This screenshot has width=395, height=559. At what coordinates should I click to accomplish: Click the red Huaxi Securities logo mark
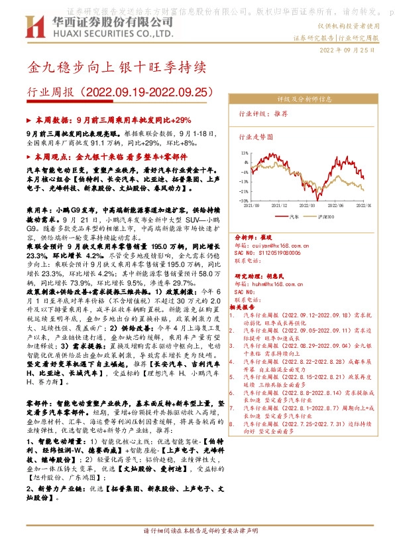[x=33, y=29]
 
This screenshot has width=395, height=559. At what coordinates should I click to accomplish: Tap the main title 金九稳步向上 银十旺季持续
[x=117, y=68]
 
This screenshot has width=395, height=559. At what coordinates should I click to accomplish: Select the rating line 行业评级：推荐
[x=263, y=114]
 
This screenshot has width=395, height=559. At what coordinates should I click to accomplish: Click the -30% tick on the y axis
[x=244, y=200]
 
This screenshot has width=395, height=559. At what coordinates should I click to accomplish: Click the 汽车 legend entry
[x=295, y=216]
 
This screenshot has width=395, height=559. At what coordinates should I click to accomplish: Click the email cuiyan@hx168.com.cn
[x=272, y=246]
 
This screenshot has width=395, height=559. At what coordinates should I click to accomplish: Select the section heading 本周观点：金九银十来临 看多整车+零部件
[x=108, y=157]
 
